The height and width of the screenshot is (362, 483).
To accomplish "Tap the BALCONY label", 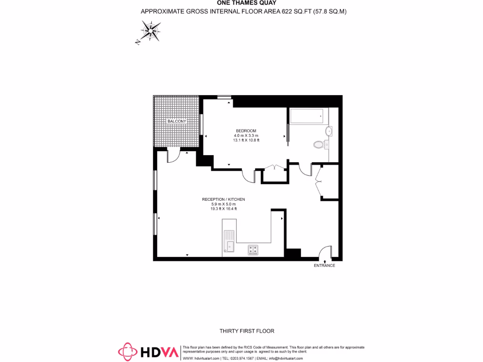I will pos(177,122).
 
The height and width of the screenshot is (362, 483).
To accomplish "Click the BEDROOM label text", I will pos(246,131).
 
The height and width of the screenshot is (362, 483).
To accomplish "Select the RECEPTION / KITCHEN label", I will pos(224,199).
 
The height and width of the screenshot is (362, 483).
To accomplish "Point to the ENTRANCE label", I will pos(325,266).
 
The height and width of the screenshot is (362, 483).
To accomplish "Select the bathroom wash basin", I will pos(329,131).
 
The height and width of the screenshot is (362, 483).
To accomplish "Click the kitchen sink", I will pos(229,240).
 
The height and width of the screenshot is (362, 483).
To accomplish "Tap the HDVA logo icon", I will pos(127,351).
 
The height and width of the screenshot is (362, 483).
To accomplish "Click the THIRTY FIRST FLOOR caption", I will pos(247,331).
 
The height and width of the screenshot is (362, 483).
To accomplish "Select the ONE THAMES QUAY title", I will pos(243,2).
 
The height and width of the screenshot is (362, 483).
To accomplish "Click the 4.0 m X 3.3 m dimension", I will pos(246,135).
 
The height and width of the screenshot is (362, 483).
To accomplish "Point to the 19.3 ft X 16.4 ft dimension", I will pos(224,209).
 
